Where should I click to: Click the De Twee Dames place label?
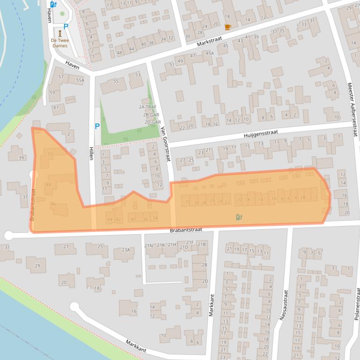click(59, 43)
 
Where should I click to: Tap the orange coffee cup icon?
click(228, 27)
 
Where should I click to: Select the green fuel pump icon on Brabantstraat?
click(239, 217)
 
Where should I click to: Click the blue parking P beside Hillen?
click(97, 126)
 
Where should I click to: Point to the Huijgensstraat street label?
click(257, 135)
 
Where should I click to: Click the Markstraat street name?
click(208, 41)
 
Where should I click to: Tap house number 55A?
click(80, 80)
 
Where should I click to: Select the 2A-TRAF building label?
click(147, 107)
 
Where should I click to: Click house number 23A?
click(126, 250)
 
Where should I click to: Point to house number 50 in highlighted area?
click(50, 153)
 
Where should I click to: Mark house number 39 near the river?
click(21, 158)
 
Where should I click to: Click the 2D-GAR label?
click(147, 122)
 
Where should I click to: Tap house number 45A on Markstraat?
click(209, 53)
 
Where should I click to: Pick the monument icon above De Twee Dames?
click(59, 34)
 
